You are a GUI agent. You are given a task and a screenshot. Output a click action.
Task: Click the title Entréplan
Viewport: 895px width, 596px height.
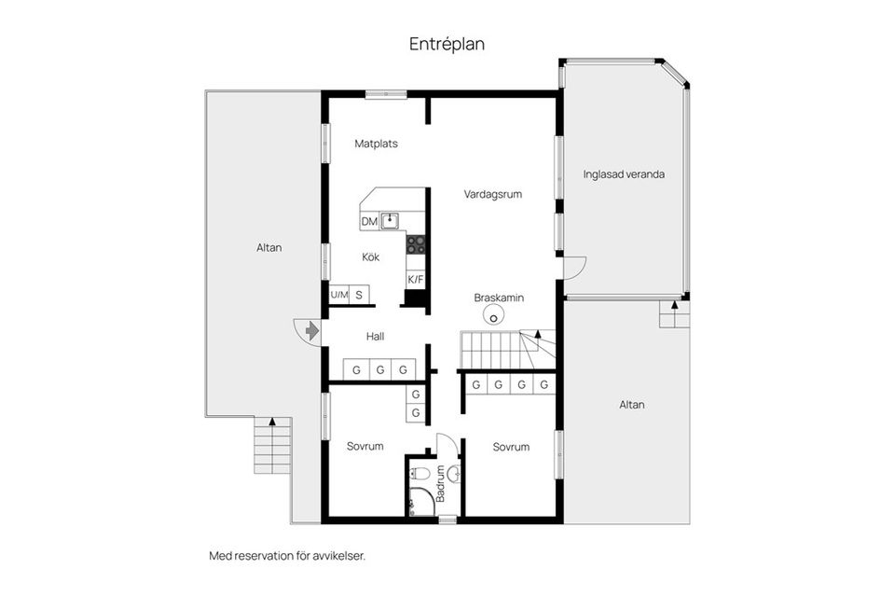pyautogui.click(x=447, y=44)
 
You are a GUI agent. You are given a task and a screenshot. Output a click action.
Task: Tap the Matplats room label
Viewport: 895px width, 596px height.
pyautogui.click(x=377, y=144)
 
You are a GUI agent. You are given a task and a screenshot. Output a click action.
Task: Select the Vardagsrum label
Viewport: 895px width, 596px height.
pyautogui.click(x=492, y=195)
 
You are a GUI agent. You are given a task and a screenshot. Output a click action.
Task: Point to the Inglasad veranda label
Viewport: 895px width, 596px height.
pyautogui.click(x=624, y=173)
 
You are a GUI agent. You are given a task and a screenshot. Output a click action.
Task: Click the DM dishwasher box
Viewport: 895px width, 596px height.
pyautogui.click(x=369, y=221)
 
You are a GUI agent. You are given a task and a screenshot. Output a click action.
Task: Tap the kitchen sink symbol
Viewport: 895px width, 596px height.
pyautogui.click(x=391, y=221)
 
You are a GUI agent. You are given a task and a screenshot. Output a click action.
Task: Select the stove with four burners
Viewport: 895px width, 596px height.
pyautogui.click(x=416, y=244)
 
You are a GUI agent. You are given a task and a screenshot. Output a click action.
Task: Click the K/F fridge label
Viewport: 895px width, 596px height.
pyautogui.click(x=416, y=279)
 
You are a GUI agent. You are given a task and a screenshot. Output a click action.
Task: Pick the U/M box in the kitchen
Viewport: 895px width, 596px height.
pyautogui.click(x=338, y=295)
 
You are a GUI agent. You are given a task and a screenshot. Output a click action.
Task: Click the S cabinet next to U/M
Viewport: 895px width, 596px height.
pyautogui.click(x=359, y=295)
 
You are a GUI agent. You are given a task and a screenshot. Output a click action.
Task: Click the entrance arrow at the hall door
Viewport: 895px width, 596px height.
pyautogui.click(x=312, y=330)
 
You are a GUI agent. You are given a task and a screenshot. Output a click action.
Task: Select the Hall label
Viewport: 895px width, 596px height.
pyautogui.click(x=375, y=337)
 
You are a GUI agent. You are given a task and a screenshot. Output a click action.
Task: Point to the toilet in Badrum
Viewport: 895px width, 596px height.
pyautogui.click(x=420, y=475)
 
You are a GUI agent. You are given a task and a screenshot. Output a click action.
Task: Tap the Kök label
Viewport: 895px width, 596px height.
pyautogui.click(x=371, y=257)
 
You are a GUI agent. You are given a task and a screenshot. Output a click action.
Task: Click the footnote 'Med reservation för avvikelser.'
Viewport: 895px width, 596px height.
pyautogui.click(x=287, y=555)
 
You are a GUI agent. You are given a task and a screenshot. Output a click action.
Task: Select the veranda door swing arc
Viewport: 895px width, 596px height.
pyautogui.click(x=576, y=269)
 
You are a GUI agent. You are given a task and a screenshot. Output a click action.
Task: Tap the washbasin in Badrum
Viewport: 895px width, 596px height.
pyautogui.click(x=453, y=475)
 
